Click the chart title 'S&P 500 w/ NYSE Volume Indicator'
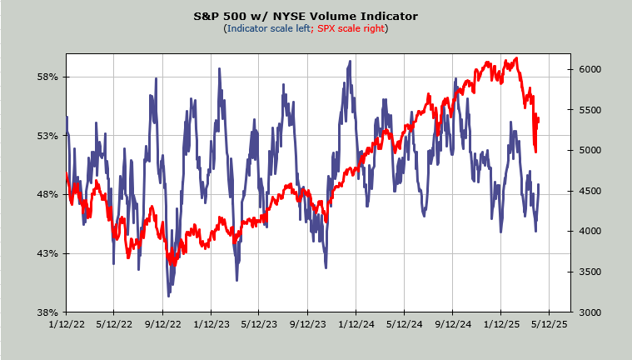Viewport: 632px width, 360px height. pyautogui.click(x=317, y=16)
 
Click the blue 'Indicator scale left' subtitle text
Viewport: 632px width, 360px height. pyautogui.click(x=267, y=29)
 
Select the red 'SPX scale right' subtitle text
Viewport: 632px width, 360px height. pyautogui.click(x=351, y=29)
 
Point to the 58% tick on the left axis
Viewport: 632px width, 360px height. pyautogui.click(x=48, y=77)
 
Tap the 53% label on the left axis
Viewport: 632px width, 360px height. pyautogui.click(x=48, y=136)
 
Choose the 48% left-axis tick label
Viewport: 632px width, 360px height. pyautogui.click(x=48, y=195)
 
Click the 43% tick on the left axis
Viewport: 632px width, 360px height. pyautogui.click(x=48, y=253)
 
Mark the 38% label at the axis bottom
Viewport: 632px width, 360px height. pyautogui.click(x=48, y=312)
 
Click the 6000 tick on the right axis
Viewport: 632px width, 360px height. pyautogui.click(x=586, y=69)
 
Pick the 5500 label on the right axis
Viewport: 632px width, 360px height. pyautogui.click(x=586, y=110)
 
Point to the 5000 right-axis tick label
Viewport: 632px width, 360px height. pyautogui.click(x=586, y=150)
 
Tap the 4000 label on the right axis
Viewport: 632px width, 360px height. pyautogui.click(x=586, y=231)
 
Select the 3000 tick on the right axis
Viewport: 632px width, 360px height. pyautogui.click(x=586, y=312)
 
